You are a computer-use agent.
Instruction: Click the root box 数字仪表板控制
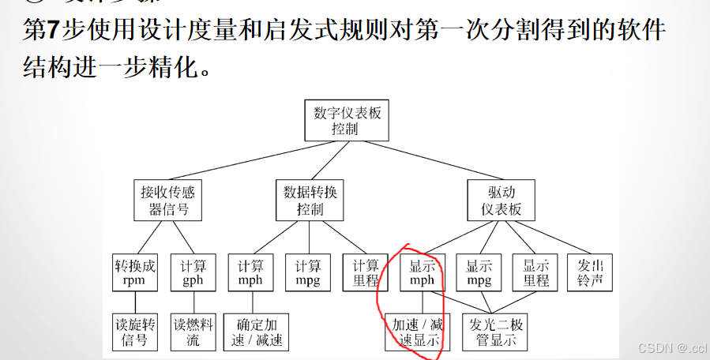pyautogui.click(x=347, y=121)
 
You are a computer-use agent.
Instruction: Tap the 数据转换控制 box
pyautogui.click(x=310, y=201)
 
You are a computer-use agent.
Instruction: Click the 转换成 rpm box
pyautogui.click(x=135, y=272)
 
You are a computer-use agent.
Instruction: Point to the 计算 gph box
pyautogui.click(x=193, y=272)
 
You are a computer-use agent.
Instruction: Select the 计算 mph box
pyautogui.click(x=250, y=272)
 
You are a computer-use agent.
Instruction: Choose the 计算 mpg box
pyautogui.click(x=308, y=272)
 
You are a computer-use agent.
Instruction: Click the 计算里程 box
pyautogui.click(x=366, y=272)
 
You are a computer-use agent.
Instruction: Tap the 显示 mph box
pyautogui.click(x=422, y=272)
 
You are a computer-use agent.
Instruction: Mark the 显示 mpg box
pyautogui.click(x=479, y=272)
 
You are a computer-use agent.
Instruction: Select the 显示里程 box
pyautogui.click(x=535, y=272)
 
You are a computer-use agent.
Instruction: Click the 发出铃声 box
pyautogui.click(x=590, y=272)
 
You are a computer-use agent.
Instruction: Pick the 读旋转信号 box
pyautogui.click(x=135, y=332)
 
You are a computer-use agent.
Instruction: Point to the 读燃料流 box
pyautogui.click(x=193, y=332)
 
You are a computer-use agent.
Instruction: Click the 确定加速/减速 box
pyautogui.click(x=257, y=332)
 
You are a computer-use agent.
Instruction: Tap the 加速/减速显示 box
pyautogui.click(x=417, y=332)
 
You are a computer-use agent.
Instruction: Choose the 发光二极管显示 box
pyautogui.click(x=495, y=332)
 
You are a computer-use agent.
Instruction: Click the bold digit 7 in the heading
pyautogui.click(x=48, y=32)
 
